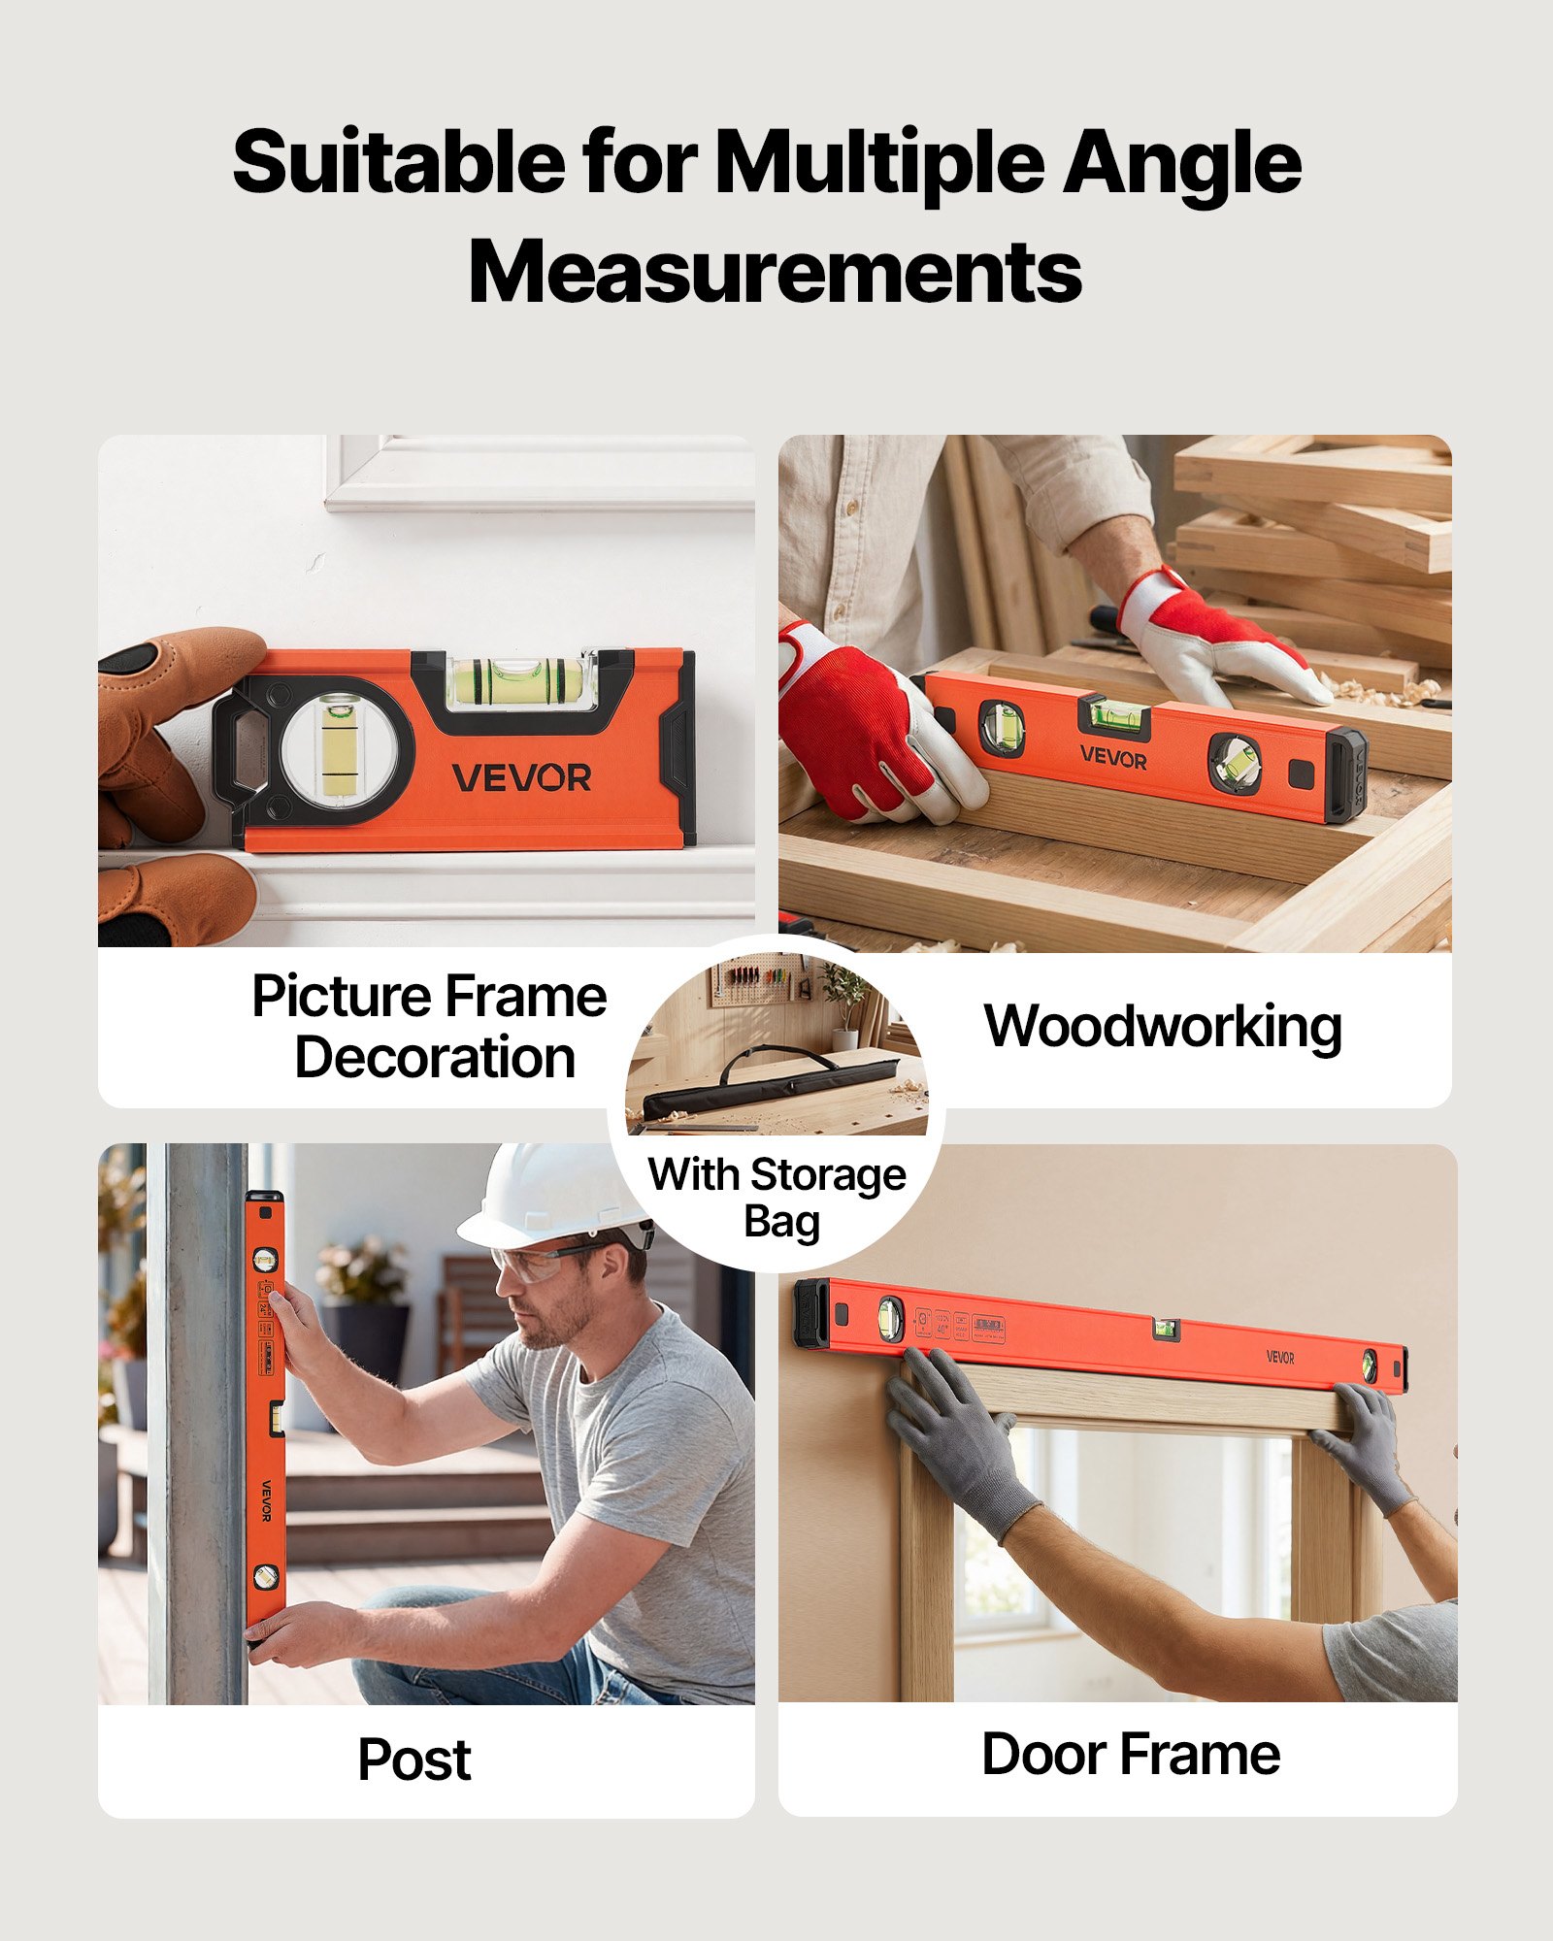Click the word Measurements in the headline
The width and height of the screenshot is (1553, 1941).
point(775,272)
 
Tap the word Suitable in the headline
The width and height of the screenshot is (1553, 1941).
point(398,162)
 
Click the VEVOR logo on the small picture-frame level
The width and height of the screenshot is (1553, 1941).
point(521,777)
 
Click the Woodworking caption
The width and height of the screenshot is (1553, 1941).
point(1163,1027)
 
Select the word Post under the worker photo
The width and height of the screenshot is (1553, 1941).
point(414,1760)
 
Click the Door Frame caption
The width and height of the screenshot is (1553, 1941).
point(1131,1755)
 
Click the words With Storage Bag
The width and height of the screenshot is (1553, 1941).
point(777,1198)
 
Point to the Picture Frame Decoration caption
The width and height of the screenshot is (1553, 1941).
point(430,1027)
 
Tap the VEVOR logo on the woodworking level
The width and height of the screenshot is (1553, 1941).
point(1113,757)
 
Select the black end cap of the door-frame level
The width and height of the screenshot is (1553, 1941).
point(811,1313)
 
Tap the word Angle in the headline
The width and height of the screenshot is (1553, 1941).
point(1181,162)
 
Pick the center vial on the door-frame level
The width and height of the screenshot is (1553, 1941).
point(1166,1330)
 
